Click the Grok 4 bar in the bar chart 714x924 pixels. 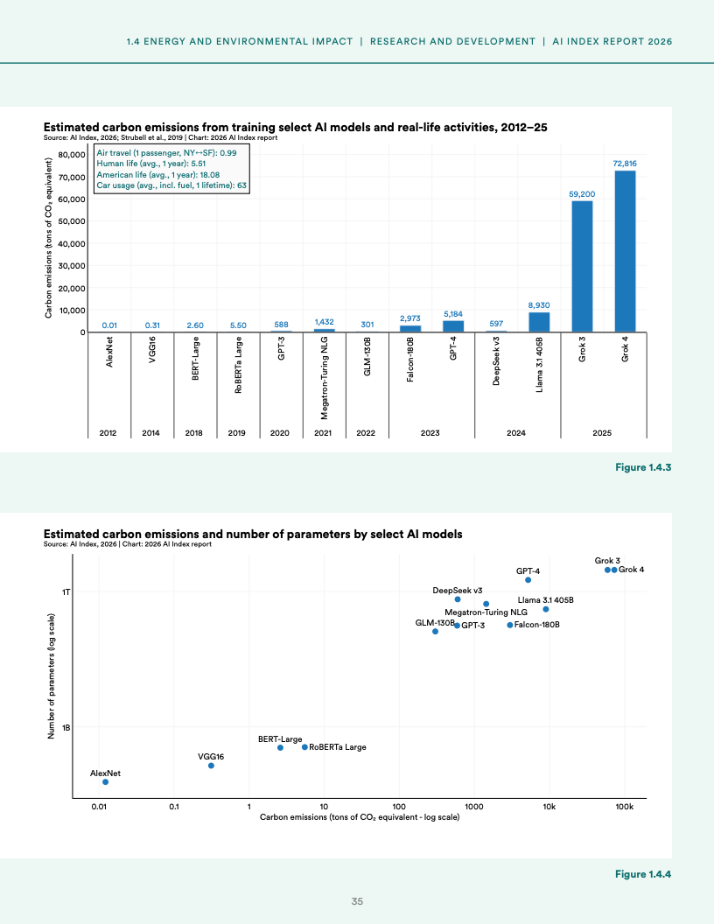click(x=625, y=251)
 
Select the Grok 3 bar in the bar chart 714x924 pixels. click(x=582, y=266)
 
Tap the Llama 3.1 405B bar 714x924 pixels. click(x=539, y=322)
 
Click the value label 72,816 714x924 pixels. click(x=625, y=164)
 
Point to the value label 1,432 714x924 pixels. click(x=324, y=322)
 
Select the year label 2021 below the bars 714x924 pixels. click(x=324, y=432)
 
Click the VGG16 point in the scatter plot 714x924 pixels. click(x=211, y=766)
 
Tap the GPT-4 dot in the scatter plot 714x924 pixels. click(x=528, y=580)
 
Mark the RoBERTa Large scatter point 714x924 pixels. click(x=304, y=747)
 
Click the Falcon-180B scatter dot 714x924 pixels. click(x=510, y=625)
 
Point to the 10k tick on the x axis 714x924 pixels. click(x=549, y=806)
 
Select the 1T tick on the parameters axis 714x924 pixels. click(x=66, y=591)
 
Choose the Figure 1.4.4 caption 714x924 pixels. click(x=642, y=874)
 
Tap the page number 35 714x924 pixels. click(x=357, y=902)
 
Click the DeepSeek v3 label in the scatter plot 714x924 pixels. click(x=458, y=591)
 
